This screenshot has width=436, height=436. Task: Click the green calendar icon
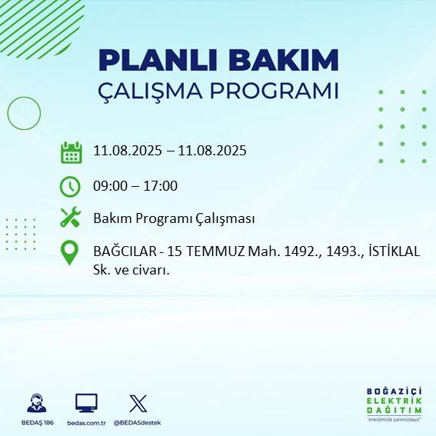[71, 152]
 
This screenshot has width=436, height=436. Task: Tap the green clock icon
[70, 186]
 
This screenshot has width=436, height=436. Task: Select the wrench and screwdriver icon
[71, 218]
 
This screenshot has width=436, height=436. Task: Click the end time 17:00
[161, 185]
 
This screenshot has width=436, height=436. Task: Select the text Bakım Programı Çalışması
[174, 218]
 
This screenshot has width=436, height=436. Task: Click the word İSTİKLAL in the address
[394, 251]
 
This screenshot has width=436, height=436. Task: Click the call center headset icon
[36, 402]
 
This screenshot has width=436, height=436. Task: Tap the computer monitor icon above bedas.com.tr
[85, 402]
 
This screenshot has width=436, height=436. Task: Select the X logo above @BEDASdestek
[138, 402]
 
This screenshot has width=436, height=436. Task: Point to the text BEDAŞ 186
[36, 423]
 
